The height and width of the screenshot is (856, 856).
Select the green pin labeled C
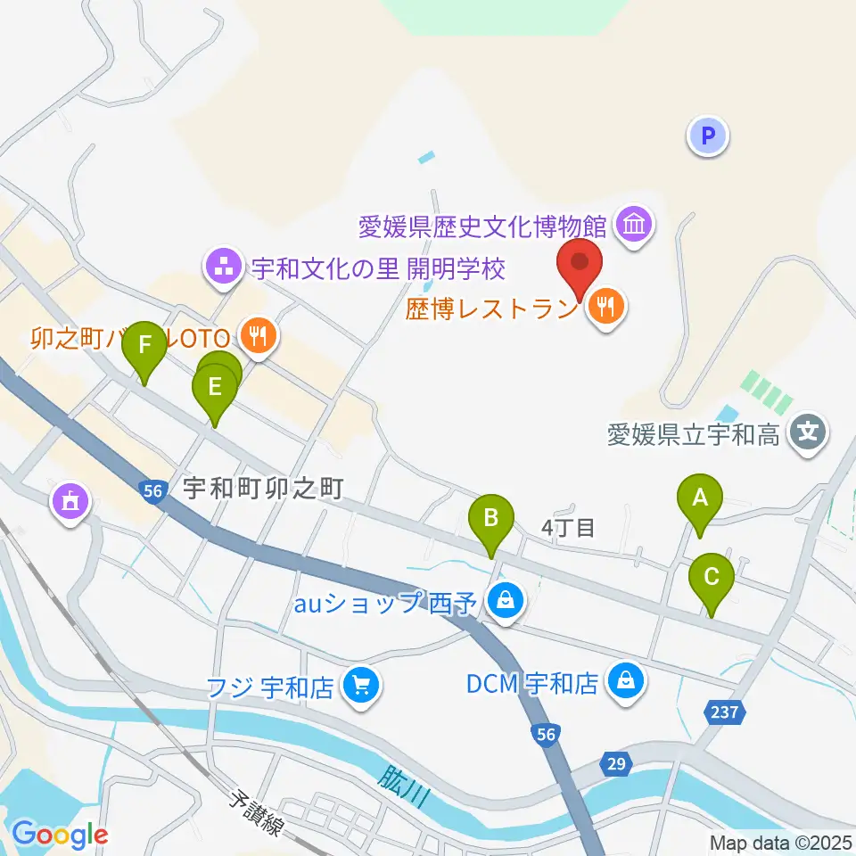[712, 578]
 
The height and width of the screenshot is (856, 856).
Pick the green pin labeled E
[214, 388]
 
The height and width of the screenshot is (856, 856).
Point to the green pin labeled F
[144, 346]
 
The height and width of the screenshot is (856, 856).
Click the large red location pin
[580, 264]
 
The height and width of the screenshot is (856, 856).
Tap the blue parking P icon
[708, 136]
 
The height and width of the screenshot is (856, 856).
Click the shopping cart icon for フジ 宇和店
[361, 687]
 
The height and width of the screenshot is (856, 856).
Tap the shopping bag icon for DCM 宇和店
[626, 682]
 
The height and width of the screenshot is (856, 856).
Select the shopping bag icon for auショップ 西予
[506, 601]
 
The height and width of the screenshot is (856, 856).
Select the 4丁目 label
[568, 528]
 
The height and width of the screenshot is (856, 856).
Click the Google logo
[60, 835]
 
